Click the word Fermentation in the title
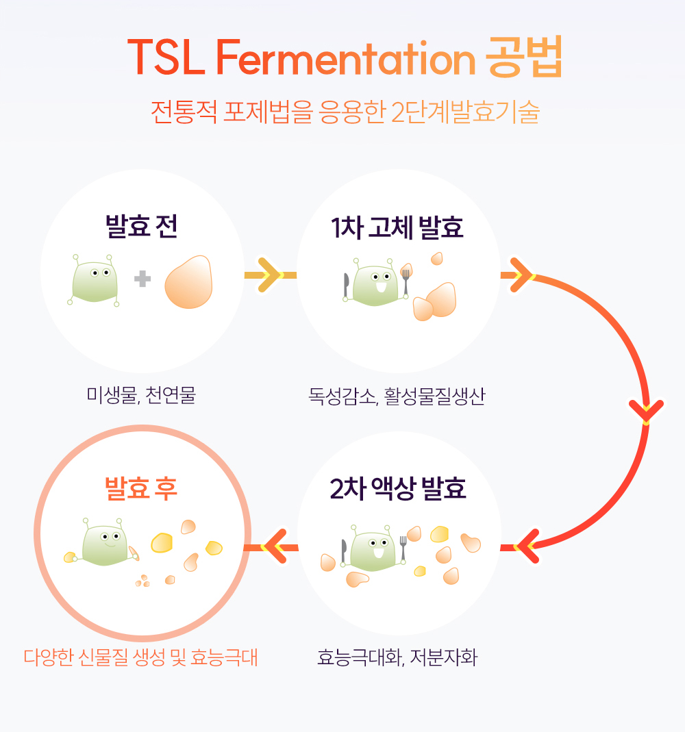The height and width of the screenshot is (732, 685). click(x=345, y=58)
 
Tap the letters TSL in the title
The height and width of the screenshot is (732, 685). click(x=166, y=58)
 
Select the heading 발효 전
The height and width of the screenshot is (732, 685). click(x=142, y=227)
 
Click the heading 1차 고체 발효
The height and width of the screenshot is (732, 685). click(x=397, y=228)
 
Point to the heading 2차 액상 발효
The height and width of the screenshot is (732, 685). click(x=398, y=489)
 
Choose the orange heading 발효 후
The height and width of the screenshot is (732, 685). click(x=141, y=489)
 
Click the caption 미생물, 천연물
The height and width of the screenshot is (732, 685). click(x=141, y=395)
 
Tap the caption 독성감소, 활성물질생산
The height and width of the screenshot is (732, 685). click(x=397, y=396)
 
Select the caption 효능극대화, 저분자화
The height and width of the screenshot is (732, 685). click(x=397, y=657)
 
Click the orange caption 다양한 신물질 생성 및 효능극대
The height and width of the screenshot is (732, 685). click(x=140, y=657)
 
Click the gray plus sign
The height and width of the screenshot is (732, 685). click(x=142, y=279)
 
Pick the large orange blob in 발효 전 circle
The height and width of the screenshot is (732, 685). click(x=188, y=281)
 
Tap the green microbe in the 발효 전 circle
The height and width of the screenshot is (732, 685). click(x=95, y=281)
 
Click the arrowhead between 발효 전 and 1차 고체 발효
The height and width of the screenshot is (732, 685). click(x=271, y=275)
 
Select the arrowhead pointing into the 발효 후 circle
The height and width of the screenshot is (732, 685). click(x=273, y=546)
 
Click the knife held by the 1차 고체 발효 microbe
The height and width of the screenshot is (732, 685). click(x=346, y=286)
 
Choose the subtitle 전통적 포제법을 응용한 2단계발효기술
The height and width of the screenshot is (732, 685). click(x=345, y=112)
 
